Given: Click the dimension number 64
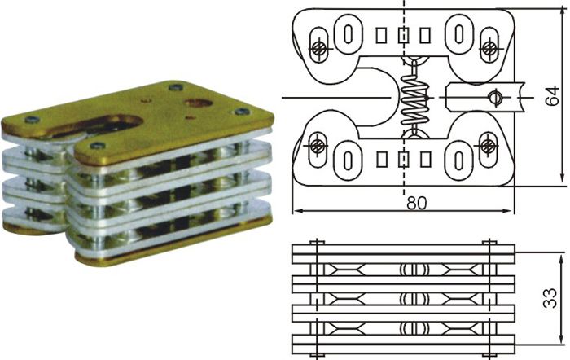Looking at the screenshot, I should tap(553, 96).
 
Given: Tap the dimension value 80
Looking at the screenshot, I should tap(417, 204).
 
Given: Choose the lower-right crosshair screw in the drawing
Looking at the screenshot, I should tap(488, 146).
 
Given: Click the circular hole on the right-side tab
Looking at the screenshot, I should tap(493, 98).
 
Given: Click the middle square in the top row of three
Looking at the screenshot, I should tap(403, 35).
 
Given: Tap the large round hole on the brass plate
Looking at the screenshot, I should tap(198, 103).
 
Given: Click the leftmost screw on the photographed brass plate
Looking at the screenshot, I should tap(30, 121).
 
